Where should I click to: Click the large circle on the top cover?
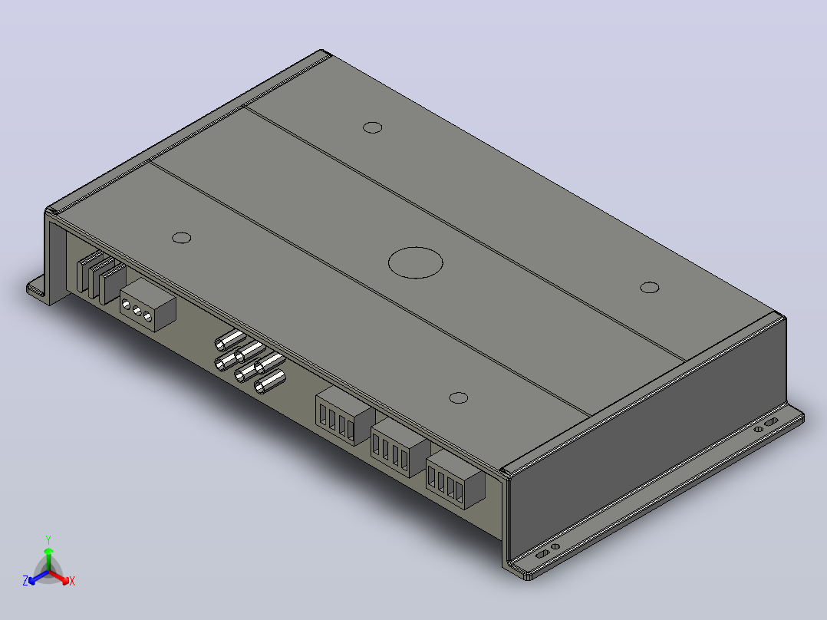[416, 262]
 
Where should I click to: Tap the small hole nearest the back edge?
[373, 127]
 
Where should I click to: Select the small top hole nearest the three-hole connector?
[181, 237]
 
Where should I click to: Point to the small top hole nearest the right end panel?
[650, 288]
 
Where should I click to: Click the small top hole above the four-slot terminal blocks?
[458, 397]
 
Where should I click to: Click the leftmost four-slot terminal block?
[345, 416]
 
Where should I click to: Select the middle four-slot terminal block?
[400, 448]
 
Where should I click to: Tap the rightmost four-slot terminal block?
[456, 479]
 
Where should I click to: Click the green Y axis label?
[48, 539]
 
